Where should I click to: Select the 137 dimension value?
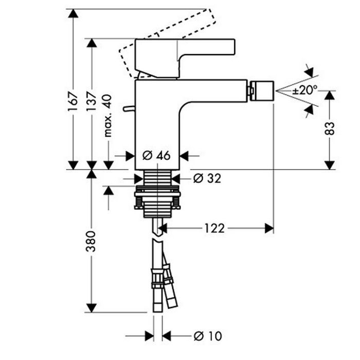pos(91,102)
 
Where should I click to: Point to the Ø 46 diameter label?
pos(156,155)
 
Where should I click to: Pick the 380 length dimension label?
pos(91,240)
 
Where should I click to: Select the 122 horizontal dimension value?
pos(214,228)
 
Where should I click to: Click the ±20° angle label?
pos(305,90)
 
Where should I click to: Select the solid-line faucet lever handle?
pos(185,54)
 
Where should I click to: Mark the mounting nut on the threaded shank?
pos(157,200)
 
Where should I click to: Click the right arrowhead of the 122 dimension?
pos(269,228)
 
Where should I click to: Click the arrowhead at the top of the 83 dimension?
pos(330,96)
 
